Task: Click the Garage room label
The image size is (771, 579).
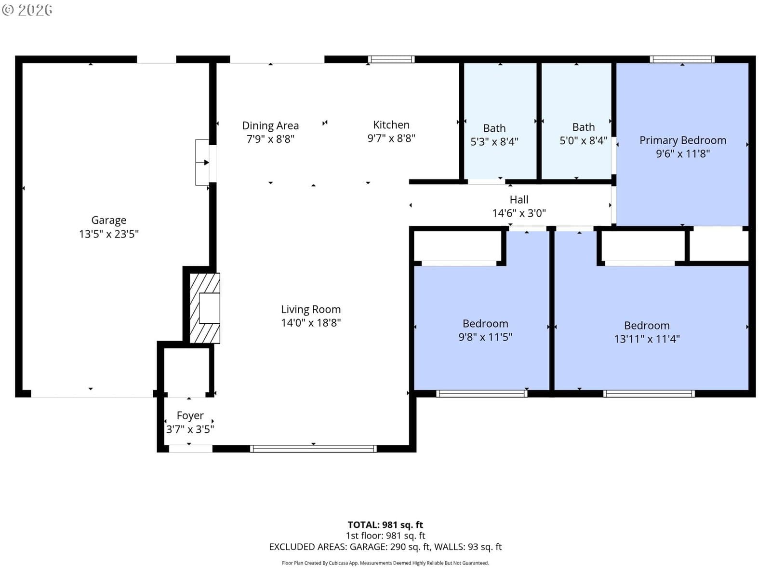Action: tap(108, 221)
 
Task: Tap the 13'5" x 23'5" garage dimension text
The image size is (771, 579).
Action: tap(108, 234)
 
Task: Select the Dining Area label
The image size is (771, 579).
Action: tap(270, 126)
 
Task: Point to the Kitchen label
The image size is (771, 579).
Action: tap(391, 125)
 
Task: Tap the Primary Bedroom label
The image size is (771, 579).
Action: tap(682, 140)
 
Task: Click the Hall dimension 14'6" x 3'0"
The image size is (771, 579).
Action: tap(519, 213)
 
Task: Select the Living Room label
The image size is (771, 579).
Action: tap(310, 309)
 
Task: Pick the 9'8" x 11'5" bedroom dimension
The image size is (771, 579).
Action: tap(485, 337)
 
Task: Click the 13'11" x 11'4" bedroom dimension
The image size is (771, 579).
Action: tap(647, 339)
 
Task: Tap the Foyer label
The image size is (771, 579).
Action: tap(190, 416)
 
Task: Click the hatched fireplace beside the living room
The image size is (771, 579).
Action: tap(205, 308)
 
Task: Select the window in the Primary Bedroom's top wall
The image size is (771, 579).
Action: tap(682, 59)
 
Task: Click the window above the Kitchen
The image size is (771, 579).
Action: tap(391, 59)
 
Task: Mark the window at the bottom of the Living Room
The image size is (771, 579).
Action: tap(313, 449)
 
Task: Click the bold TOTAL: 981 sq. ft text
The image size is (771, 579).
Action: tap(385, 525)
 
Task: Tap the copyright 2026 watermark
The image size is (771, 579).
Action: tap(27, 10)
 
